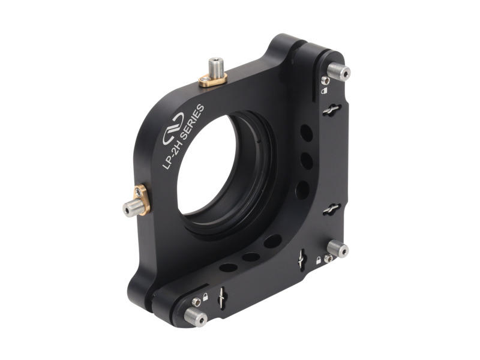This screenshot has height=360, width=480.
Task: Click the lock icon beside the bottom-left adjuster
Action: [x=205, y=296]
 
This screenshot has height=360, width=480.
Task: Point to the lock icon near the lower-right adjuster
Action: [x=318, y=260]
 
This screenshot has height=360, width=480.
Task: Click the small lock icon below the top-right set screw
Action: [x=325, y=91]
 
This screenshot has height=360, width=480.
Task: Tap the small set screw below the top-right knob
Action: [x=325, y=80]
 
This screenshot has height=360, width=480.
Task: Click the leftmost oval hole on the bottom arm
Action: [x=227, y=266]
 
